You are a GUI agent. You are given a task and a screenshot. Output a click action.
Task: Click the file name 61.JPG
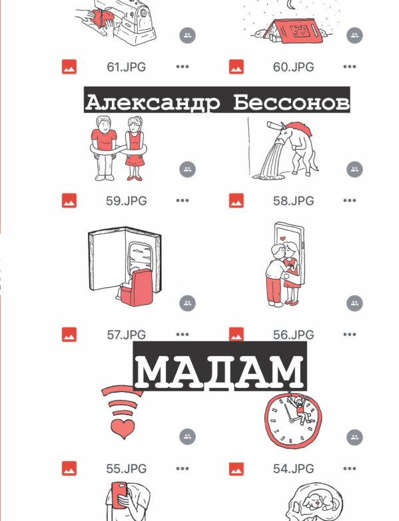pos(126,67)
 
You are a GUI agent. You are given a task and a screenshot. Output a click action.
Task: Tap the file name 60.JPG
pos(293,67)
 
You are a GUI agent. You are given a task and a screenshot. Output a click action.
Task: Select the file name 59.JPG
pos(127,201)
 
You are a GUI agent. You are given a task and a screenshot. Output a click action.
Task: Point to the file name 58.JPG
pos(293,201)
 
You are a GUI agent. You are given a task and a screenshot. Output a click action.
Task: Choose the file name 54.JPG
pos(293,468)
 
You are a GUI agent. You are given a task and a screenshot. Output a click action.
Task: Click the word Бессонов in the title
pos(291,102)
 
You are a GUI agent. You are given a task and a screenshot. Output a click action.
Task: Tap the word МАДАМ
pos(220,371)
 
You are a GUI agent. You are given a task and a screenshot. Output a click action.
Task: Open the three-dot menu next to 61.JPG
pos(183,67)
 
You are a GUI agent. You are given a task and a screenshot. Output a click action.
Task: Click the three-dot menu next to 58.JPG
pos(350,200)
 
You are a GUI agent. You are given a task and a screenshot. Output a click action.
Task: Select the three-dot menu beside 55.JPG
pos(183,468)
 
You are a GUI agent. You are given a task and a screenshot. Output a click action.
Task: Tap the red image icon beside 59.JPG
pos(69,200)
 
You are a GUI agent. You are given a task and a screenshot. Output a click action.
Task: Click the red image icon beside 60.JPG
pos(236,67)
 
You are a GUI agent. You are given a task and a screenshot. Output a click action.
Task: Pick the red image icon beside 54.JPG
pos(236,468)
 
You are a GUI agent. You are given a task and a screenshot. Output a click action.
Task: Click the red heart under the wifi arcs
pos(123,429)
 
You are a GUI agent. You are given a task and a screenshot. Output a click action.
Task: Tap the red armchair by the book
pos(137,288)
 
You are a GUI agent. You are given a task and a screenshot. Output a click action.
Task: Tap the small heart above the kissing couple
pos(282,238)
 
